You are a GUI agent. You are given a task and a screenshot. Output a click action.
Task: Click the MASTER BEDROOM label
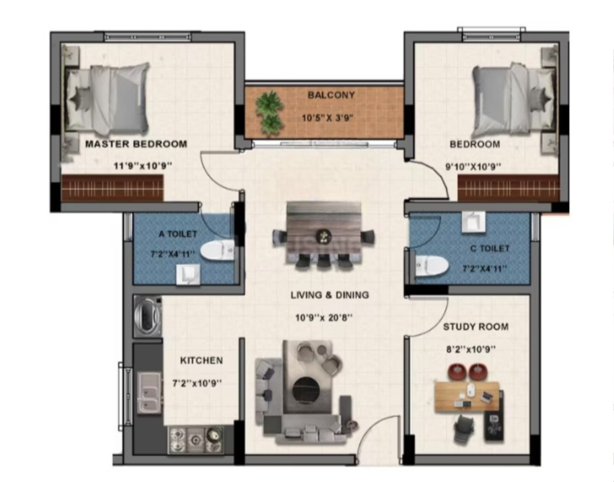[136, 144]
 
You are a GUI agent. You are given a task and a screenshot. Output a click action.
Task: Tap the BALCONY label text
[331, 95]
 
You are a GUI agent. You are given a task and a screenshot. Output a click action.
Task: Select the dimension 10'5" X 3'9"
[328, 118]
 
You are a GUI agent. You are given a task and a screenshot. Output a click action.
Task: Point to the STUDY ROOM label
[476, 327]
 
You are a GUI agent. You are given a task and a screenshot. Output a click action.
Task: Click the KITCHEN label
[201, 360]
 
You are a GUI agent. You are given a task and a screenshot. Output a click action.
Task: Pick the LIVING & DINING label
[330, 295]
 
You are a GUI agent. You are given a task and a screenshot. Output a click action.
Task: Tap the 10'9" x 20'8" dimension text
[324, 318]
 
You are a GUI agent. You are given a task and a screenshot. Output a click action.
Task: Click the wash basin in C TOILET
[474, 222]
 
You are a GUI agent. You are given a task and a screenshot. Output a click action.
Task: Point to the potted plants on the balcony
[269, 113]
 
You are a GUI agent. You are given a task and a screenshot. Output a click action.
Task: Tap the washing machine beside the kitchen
[148, 316]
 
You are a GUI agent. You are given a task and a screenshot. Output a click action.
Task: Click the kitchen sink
[149, 392]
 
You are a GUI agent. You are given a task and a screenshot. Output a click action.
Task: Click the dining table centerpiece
[324, 236]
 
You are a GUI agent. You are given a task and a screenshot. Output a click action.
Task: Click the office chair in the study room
[464, 430]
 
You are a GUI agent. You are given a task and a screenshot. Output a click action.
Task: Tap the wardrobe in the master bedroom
[113, 188]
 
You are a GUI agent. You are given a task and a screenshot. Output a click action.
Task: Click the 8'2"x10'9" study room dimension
[471, 349]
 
